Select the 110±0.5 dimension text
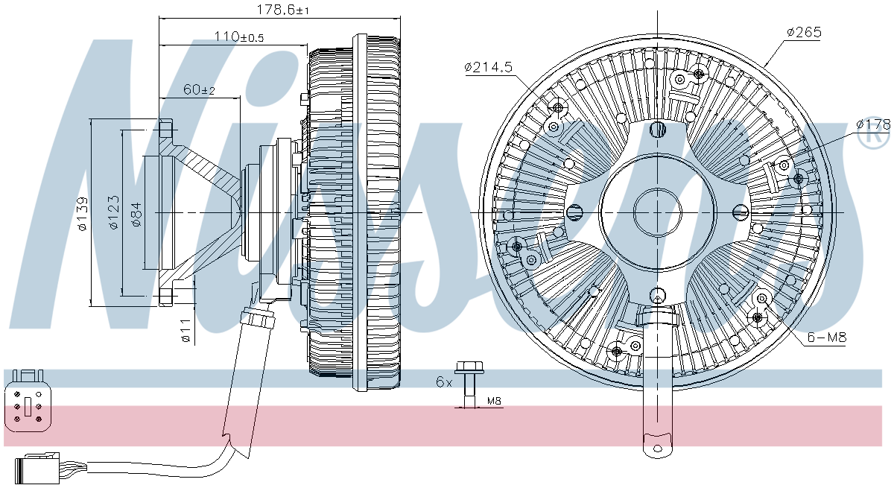239,37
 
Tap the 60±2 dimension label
199,89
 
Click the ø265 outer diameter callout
803,32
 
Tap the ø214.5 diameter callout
488,67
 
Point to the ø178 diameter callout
872,124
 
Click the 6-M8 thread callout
827,338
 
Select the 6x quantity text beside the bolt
444,381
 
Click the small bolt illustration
468,384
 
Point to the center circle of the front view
656,212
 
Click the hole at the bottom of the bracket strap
657,449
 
